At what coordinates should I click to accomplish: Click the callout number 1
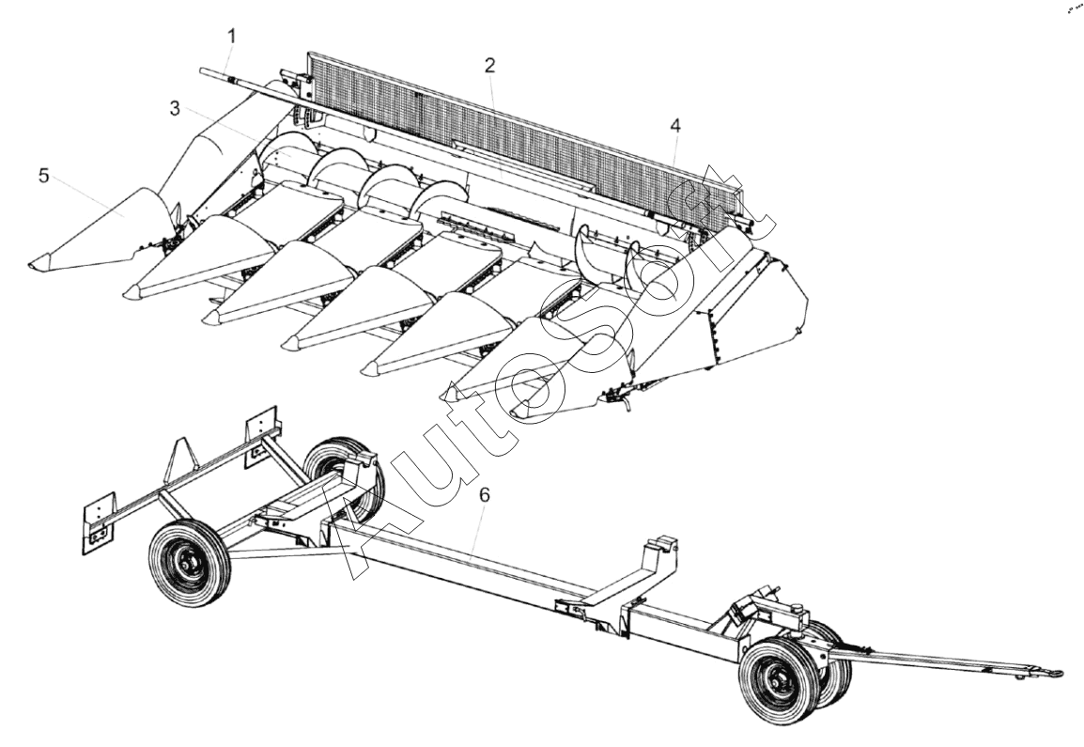point(232,36)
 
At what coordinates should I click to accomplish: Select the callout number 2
point(489,66)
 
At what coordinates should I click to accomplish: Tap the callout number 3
point(174,108)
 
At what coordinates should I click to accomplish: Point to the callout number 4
point(675,125)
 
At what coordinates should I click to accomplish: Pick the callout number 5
point(43,176)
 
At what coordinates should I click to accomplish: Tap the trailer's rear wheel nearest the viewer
point(190,564)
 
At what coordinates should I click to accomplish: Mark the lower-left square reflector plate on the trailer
point(98,523)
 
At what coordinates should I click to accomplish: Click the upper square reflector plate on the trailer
point(262,436)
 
